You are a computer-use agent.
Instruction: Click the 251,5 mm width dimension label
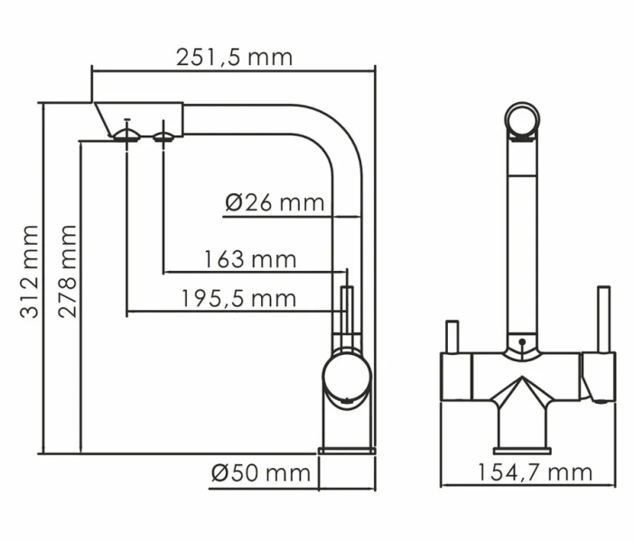(233, 57)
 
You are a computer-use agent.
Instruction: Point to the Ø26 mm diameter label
(274, 202)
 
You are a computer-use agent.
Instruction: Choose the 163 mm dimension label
(250, 259)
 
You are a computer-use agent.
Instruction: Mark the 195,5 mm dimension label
(238, 298)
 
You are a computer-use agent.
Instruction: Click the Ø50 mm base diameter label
(260, 472)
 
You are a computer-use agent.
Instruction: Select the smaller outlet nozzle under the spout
(163, 136)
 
